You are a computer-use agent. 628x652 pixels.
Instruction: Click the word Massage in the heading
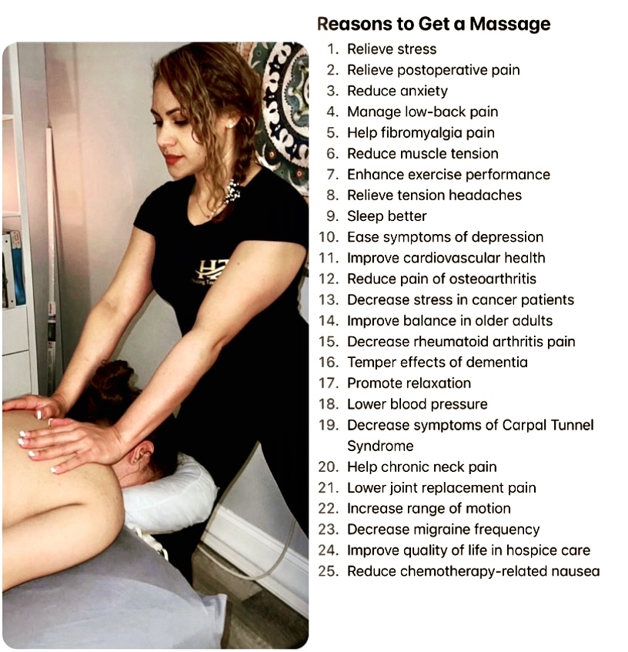click(510, 25)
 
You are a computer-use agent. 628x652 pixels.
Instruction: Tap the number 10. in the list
click(329, 237)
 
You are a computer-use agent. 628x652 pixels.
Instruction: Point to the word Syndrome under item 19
click(380, 446)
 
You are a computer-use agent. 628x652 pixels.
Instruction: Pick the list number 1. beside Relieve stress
click(333, 49)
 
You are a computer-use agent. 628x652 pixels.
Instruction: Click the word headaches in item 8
click(486, 196)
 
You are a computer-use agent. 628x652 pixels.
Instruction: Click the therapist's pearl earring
click(231, 125)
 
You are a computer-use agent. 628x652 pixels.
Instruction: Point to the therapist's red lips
click(173, 159)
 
